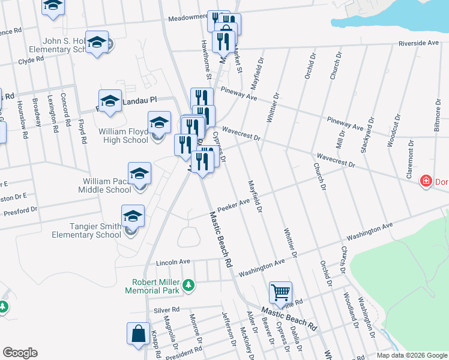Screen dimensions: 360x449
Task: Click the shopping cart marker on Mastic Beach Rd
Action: [280, 293]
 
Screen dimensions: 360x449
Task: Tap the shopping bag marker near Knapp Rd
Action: [139, 334]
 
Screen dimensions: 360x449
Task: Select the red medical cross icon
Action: [426, 180]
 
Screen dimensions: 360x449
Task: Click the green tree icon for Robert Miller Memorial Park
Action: [188, 284]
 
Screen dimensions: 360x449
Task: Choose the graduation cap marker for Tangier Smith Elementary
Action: [133, 217]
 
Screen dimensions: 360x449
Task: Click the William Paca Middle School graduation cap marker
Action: [139, 174]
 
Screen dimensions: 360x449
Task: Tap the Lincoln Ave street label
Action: [173, 262]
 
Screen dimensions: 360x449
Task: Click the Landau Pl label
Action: [139, 101]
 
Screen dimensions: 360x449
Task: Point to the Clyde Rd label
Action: [31, 60]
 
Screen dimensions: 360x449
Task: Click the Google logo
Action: [20, 353]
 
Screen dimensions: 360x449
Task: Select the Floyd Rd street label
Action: [82, 131]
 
